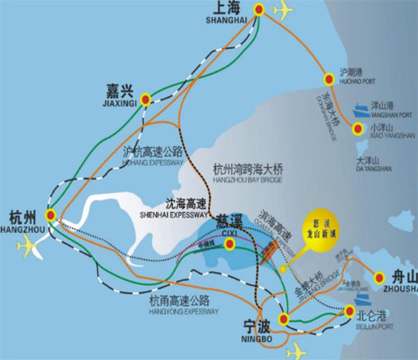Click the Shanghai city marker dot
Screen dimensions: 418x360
[259, 10]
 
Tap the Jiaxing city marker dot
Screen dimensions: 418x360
[146, 100]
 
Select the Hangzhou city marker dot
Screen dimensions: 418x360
[50, 215]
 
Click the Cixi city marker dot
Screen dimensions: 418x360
[230, 243]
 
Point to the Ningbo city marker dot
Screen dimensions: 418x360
[284, 318]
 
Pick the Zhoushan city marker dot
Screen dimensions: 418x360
[379, 277]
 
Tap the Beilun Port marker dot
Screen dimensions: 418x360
[349, 310]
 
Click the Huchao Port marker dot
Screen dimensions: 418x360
[328, 79]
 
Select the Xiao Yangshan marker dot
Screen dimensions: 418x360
[358, 128]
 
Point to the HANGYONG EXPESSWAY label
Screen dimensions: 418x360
[184, 312]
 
